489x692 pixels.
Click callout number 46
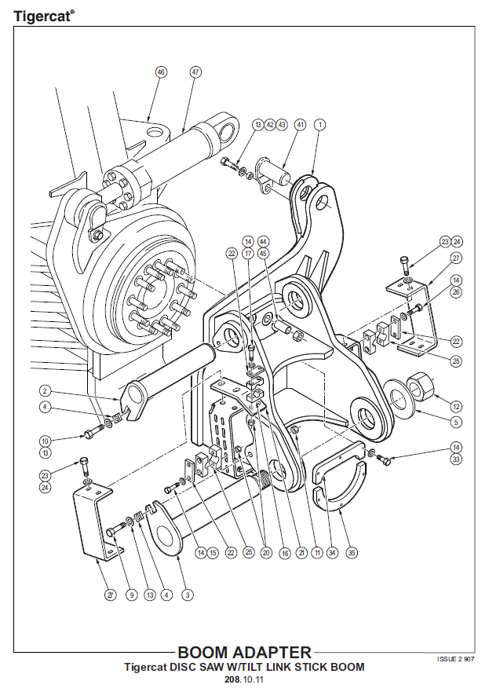point(160,71)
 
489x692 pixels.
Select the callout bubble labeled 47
point(195,71)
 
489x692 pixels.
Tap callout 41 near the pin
point(299,125)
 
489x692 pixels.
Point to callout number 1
point(320,125)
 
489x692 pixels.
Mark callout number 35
point(351,552)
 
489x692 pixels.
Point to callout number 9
point(131,595)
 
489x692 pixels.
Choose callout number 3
point(187,595)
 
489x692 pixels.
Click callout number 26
point(455,293)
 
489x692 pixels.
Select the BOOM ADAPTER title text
point(244,653)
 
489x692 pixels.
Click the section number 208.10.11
point(243,679)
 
